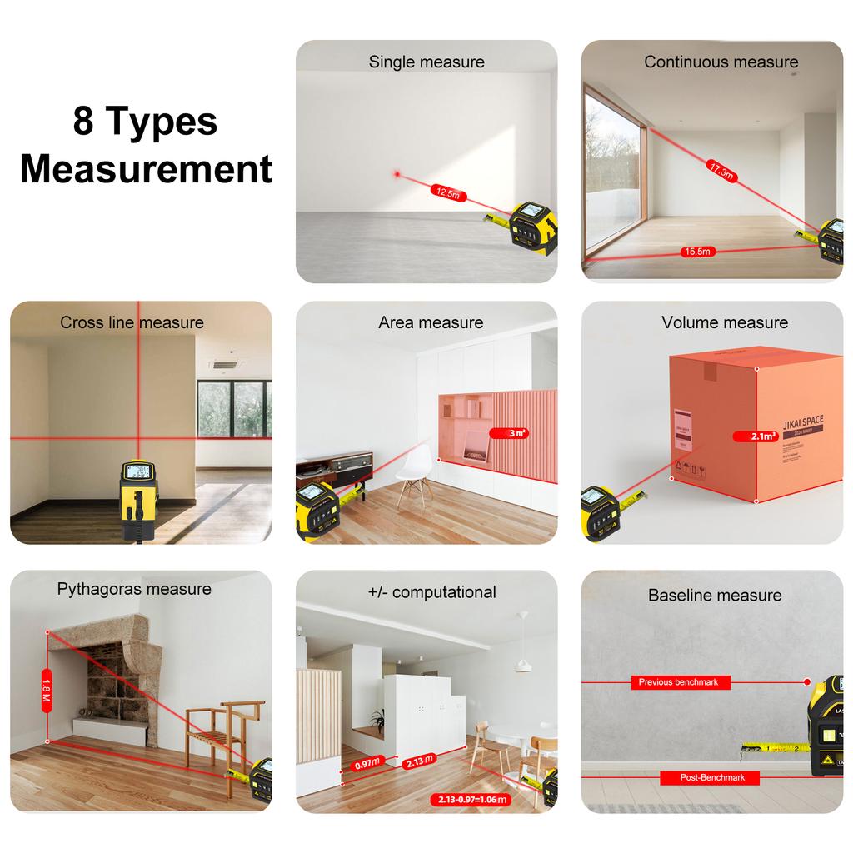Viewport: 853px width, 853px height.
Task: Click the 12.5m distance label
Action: [447, 192]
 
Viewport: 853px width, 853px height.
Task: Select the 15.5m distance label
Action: [696, 252]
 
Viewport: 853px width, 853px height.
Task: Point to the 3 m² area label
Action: [518, 433]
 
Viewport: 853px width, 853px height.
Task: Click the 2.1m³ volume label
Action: [756, 436]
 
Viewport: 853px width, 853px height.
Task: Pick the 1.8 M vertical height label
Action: [47, 691]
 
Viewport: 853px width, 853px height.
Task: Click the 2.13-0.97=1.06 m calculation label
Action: [471, 800]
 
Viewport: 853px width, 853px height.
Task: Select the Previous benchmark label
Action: [679, 682]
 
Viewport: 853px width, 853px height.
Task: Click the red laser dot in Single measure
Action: [397, 174]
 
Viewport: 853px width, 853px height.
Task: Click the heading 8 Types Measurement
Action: [146, 145]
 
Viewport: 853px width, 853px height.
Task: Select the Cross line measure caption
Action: [132, 322]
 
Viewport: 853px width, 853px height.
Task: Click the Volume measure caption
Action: [725, 322]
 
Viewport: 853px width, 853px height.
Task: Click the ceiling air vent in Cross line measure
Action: [224, 364]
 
